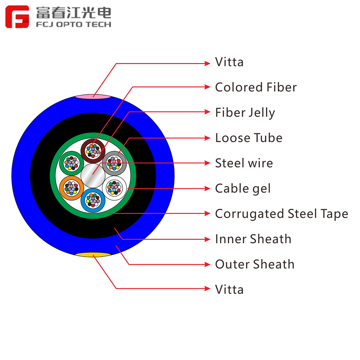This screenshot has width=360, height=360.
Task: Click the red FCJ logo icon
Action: pos(17,17)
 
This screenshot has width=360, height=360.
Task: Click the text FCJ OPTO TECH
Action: pos(73,24)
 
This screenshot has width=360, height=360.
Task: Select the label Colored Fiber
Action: pos(256,87)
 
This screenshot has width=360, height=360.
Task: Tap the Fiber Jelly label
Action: pos(245,113)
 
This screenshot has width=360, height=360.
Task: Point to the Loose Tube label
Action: pos(249,138)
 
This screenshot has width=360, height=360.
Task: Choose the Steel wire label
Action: pos(244,163)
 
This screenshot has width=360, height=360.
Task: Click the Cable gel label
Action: pos(243,189)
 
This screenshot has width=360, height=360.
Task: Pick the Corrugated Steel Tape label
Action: pos(282,214)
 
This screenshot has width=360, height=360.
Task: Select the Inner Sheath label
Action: pos(253,239)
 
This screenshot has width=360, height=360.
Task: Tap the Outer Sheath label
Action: pos(255,264)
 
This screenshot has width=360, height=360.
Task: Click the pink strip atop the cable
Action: pos(93,96)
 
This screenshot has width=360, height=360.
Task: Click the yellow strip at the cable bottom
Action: pos(93,255)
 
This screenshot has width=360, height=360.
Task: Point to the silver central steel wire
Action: pos(93,176)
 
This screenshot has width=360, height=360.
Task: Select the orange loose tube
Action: pos(72,188)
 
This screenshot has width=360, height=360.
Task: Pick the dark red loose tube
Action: pos(93,151)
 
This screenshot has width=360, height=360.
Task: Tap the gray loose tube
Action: pos(114,163)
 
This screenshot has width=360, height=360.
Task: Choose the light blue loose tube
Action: pos(93,200)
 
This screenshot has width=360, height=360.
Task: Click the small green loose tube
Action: pos(72,163)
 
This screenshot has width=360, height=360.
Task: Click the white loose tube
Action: pos(114,188)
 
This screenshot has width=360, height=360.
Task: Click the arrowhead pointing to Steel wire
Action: pos(207,163)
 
